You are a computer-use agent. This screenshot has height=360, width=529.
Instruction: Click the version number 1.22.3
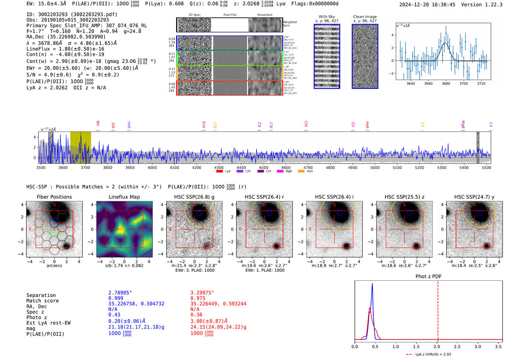tap(490, 5)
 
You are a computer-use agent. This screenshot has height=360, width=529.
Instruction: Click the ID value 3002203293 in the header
tap(53, 14)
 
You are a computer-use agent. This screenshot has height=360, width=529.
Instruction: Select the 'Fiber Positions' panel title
tap(54, 197)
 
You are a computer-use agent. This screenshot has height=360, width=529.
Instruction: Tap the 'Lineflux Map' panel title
tap(124, 197)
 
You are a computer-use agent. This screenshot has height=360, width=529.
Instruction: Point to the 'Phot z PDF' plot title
tap(428, 277)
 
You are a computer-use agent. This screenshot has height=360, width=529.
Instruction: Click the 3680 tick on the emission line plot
tap(446, 83)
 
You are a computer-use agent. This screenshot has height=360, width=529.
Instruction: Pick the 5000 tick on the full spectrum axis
tap(375, 167)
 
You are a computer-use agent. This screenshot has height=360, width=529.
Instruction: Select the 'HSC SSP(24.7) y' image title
tap(474, 197)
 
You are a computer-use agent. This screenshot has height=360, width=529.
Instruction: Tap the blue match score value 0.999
tap(116, 298)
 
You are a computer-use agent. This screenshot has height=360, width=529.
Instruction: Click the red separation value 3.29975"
tap(202, 293)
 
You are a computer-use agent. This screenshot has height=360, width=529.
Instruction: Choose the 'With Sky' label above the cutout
tap(326, 17)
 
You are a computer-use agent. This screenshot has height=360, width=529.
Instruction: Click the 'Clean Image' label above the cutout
tap(365, 17)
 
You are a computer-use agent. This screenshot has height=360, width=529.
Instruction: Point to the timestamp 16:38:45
tap(442, 5)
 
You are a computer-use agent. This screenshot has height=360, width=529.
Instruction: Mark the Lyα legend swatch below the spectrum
tap(220, 172)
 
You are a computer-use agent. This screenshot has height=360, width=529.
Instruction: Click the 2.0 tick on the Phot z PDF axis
tap(436, 346)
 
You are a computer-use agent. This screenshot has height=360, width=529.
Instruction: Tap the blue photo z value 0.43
tap(114, 315)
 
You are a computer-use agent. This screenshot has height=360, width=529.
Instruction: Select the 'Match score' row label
tap(42, 301)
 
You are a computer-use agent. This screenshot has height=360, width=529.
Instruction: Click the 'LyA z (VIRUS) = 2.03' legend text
tap(433, 354)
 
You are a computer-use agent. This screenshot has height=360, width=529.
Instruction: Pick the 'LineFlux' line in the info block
tap(65, 49)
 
